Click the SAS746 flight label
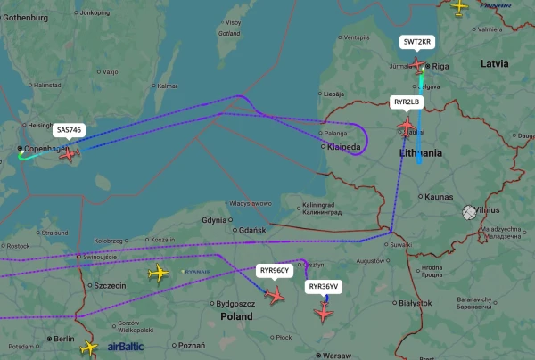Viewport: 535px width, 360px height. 69,130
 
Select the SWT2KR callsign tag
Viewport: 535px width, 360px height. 416,42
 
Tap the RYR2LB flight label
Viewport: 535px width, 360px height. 407,102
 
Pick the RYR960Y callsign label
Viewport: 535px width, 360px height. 274,269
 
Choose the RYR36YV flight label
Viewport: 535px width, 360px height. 323,287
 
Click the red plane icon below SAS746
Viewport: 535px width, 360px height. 69,152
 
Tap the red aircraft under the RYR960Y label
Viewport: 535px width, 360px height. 276,293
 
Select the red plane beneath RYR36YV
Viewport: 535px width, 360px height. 323,312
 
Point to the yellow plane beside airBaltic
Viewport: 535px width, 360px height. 88,348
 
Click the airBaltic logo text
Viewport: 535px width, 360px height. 125,347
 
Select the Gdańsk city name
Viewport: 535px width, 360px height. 252,231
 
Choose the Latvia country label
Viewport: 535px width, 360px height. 495,64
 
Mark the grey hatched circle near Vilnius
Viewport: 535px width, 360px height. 469,213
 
